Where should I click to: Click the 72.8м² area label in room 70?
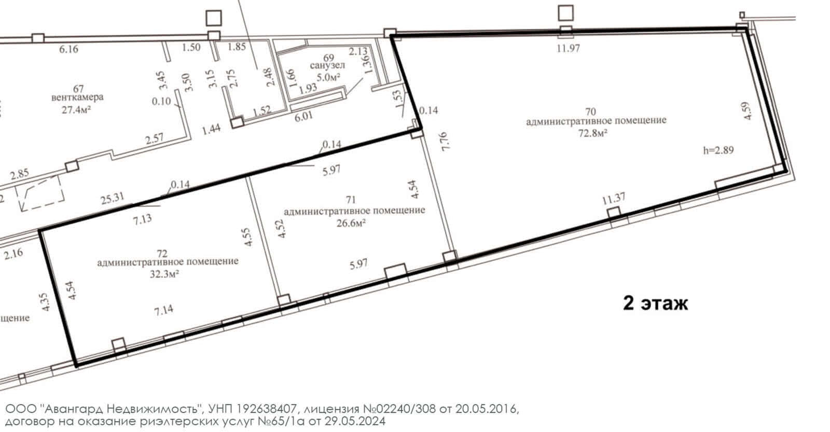tap(593, 133)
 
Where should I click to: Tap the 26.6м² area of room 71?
tap(351, 223)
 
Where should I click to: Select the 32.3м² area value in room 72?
tap(164, 274)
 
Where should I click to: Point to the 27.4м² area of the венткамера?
tap(77, 109)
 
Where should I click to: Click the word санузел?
tap(327, 65)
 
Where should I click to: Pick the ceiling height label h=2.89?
tap(718, 150)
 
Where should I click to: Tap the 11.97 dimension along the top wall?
tap(568, 48)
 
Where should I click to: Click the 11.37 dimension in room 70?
tap(614, 199)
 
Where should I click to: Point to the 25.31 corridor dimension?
tap(113, 198)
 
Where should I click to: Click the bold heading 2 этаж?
tap(656, 303)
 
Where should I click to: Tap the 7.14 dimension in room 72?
tap(163, 310)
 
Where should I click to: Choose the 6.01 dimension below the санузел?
tap(303, 116)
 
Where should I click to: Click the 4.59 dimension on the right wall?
tap(747, 111)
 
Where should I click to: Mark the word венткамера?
tap(77, 97)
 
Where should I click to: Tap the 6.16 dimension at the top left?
tap(68, 49)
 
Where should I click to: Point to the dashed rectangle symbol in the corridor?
tap(39, 193)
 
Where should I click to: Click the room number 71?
tap(351, 200)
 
